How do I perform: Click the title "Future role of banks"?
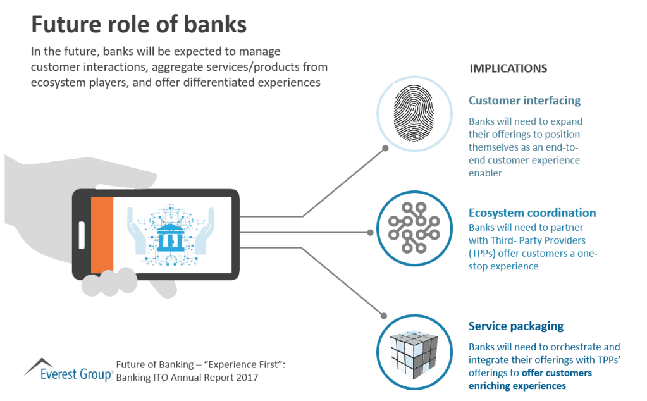pyautogui.click(x=139, y=24)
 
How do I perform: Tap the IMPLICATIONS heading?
pyautogui.click(x=508, y=68)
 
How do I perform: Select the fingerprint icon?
pyautogui.click(x=414, y=113)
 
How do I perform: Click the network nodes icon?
pyautogui.click(x=414, y=228)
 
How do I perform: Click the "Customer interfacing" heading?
pyautogui.click(x=524, y=101)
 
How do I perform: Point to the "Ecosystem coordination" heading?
pyautogui.click(x=533, y=213)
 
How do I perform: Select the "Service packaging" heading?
pyautogui.click(x=516, y=326)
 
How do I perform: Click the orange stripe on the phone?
pyautogui.click(x=102, y=235)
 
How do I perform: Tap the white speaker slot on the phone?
pyautogui.click(x=82, y=235)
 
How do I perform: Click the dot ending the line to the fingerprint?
pyautogui.click(x=385, y=148)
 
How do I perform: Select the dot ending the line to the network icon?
pyautogui.click(x=370, y=233)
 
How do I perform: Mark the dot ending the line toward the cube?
pyautogui.click(x=384, y=316)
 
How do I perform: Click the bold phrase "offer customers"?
pyautogui.click(x=557, y=373)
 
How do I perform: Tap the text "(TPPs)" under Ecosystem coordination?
pyautogui.click(x=482, y=253)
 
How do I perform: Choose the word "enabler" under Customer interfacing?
pyautogui.click(x=485, y=173)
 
